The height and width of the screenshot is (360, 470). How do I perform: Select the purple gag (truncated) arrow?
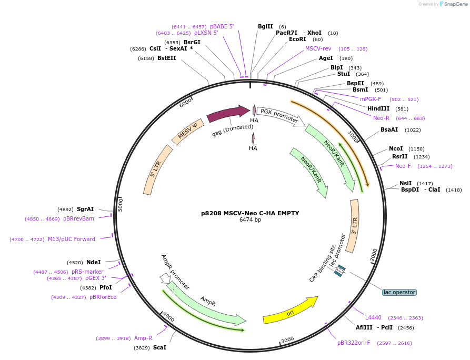pyautogui.click(x=228, y=112)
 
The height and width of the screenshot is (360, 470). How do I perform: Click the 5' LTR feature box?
pyautogui.click(x=158, y=169)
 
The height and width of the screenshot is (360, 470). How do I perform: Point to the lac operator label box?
pyautogui.click(x=399, y=292)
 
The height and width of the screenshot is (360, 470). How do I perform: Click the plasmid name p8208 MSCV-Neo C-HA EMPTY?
pyautogui.click(x=250, y=213)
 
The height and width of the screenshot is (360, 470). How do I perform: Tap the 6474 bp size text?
pyautogui.click(x=250, y=220)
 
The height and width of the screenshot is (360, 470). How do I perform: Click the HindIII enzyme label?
pyautogui.click(x=378, y=108)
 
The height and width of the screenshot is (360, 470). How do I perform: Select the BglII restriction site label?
pyautogui.click(x=265, y=26)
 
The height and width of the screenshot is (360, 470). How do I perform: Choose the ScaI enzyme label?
pyautogui.click(x=159, y=347)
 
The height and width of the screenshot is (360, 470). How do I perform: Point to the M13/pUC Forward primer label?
pyautogui.click(x=72, y=239)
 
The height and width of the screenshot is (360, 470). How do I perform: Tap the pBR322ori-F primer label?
pyautogui.click(x=354, y=343)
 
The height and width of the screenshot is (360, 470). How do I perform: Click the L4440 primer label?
pyautogui.click(x=374, y=317)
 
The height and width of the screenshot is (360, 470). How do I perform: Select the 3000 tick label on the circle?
pyautogui.click(x=287, y=340)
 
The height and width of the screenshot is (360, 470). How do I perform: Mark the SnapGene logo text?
pyautogui.click(x=456, y=4)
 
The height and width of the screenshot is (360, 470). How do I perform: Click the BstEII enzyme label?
pyautogui.click(x=167, y=58)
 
